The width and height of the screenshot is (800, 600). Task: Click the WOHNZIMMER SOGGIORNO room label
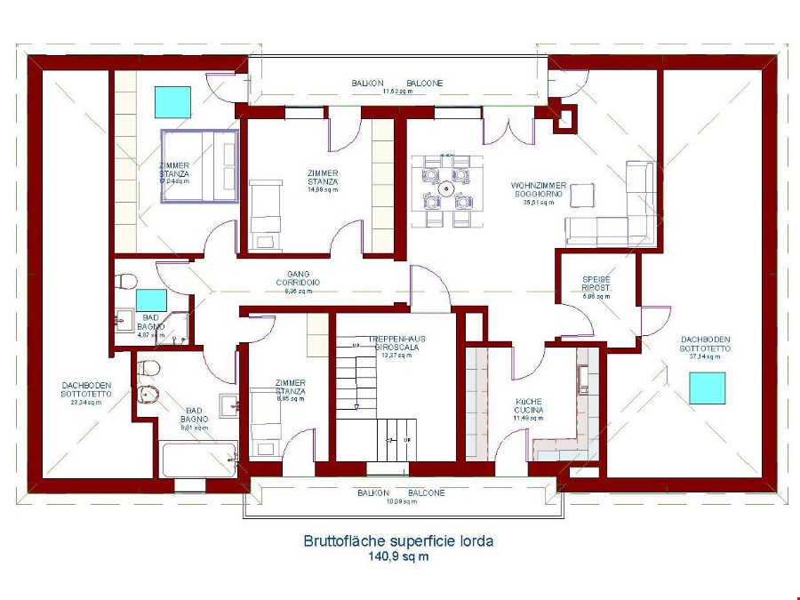[540, 189]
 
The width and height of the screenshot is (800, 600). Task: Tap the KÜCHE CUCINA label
[529, 405]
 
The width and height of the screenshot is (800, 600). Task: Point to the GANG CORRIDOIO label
[299, 278]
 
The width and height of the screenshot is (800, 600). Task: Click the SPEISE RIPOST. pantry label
[596, 284]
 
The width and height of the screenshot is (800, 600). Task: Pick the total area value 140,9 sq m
[398, 557]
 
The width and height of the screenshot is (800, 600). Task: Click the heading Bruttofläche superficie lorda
[398, 540]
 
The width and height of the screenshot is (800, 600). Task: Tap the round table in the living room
[448, 188]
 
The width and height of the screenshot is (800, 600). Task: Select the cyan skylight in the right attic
[708, 388]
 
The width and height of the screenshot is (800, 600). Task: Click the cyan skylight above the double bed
[173, 102]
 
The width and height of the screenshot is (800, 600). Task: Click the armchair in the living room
[582, 195]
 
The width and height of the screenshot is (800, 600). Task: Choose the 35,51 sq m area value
[540, 203]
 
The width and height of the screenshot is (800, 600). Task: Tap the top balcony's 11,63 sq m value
[397, 92]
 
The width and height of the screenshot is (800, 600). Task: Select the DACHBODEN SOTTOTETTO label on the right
[707, 344]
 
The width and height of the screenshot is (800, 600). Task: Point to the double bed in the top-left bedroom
[200, 165]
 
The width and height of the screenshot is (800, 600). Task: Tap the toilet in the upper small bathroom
[126, 282]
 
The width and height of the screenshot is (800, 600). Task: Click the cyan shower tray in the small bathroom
[152, 300]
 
